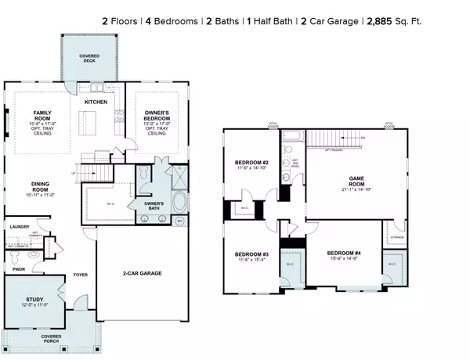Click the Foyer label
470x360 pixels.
pyautogui.click(x=79, y=275)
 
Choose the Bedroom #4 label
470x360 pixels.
pyautogui.click(x=344, y=253)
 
